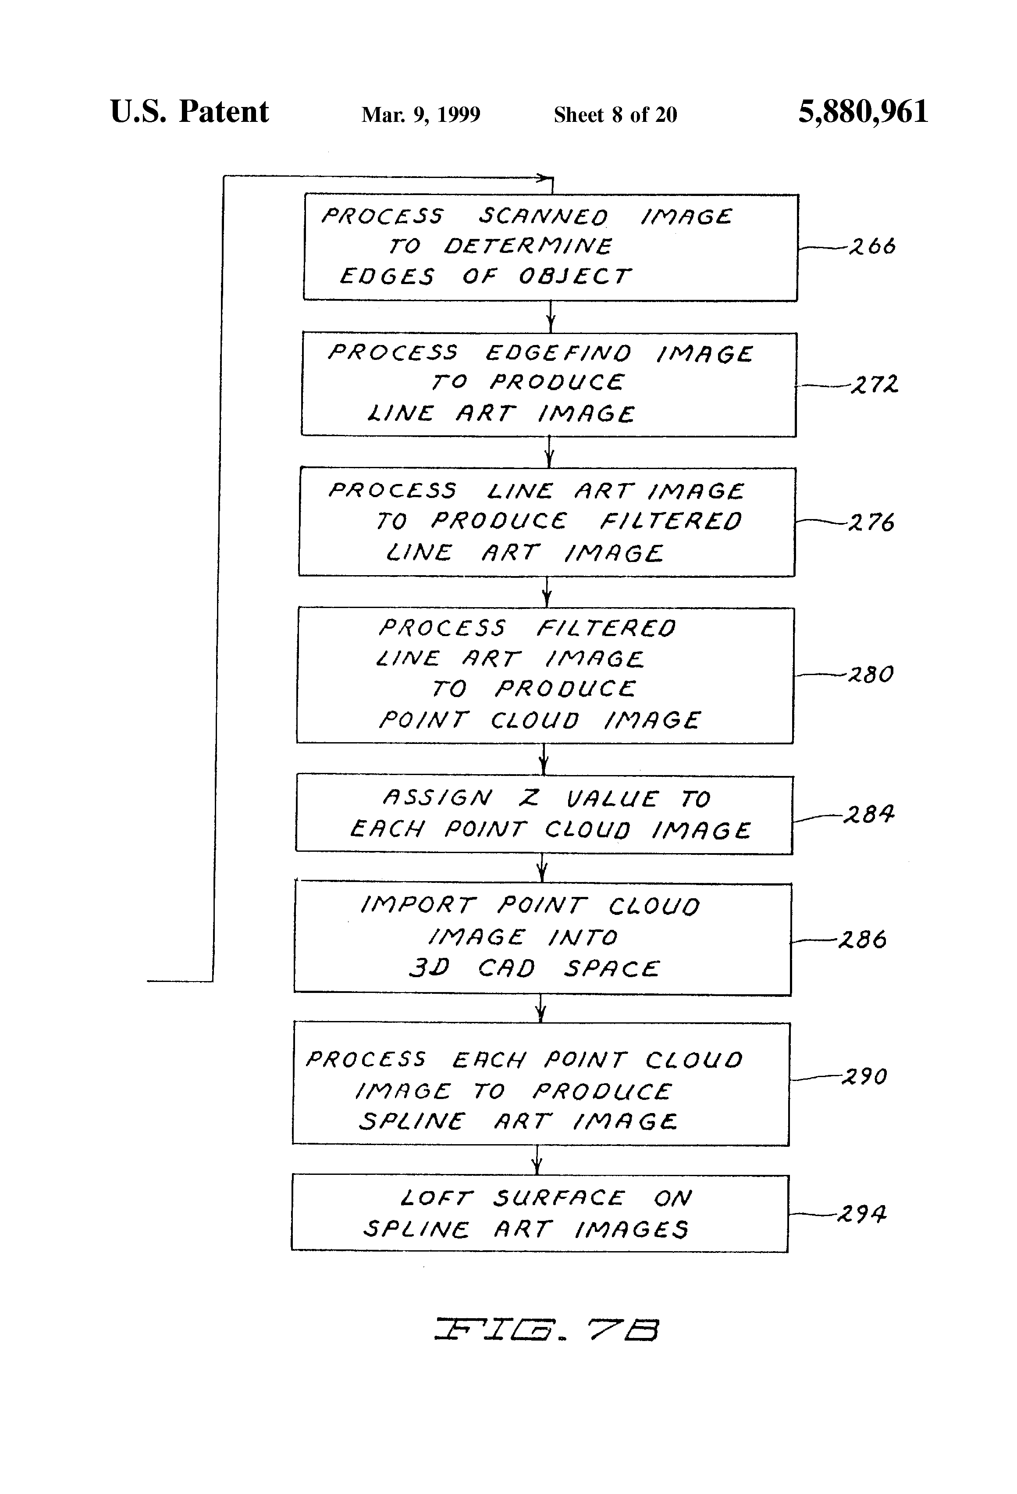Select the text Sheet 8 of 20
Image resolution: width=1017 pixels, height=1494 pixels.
click(x=615, y=115)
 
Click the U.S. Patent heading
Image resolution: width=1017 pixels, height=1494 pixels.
click(x=189, y=112)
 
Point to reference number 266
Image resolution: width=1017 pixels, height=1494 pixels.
click(x=872, y=246)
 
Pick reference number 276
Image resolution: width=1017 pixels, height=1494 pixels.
click(x=872, y=522)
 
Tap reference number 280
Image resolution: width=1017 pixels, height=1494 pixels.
click(x=871, y=674)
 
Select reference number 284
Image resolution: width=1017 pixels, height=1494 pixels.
click(x=868, y=815)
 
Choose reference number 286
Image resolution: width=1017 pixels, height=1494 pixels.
click(x=863, y=940)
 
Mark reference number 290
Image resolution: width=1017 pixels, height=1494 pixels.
click(x=864, y=1076)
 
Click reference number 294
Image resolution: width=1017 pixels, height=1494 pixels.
click(x=861, y=1214)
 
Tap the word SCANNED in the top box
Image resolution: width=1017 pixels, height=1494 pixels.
click(x=543, y=217)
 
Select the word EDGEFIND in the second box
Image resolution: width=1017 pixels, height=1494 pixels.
click(x=558, y=353)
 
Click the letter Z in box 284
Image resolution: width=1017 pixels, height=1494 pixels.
click(x=529, y=798)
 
